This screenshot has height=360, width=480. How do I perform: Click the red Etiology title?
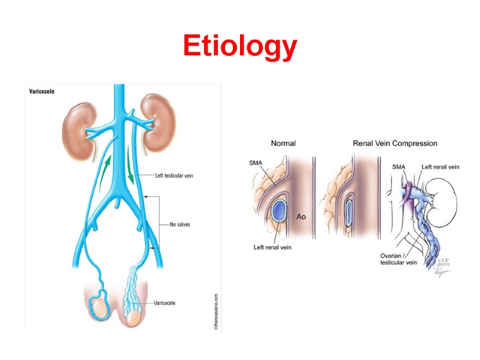click(x=240, y=47)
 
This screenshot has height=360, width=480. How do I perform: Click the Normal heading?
click(x=283, y=143)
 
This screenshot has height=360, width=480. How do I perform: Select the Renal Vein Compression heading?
click(x=394, y=143)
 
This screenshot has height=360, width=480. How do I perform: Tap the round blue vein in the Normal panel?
click(x=280, y=210)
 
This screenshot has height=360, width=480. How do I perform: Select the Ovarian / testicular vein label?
click(x=398, y=257)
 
